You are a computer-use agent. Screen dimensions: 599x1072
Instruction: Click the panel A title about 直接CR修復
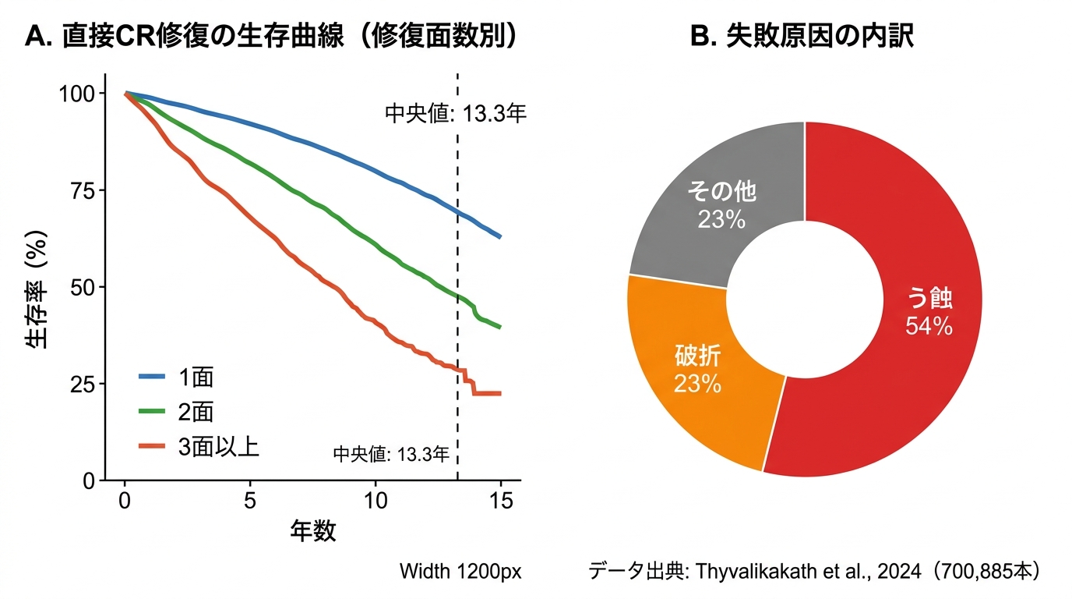click(x=273, y=37)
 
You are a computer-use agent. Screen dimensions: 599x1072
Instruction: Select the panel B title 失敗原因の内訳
click(x=802, y=37)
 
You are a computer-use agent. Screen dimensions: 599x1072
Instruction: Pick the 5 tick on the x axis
click(x=250, y=501)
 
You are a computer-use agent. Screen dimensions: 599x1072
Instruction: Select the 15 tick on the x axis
click(x=500, y=501)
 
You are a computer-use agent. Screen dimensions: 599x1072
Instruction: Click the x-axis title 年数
click(x=313, y=532)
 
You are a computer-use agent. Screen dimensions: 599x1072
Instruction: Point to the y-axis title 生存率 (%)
click(x=37, y=287)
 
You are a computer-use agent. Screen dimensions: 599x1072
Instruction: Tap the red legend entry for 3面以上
click(x=199, y=445)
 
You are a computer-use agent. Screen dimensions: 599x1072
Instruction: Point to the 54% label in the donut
click(x=929, y=326)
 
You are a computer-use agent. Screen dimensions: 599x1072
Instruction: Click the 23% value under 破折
click(x=697, y=384)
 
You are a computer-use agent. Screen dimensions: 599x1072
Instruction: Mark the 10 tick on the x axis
click(x=376, y=501)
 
